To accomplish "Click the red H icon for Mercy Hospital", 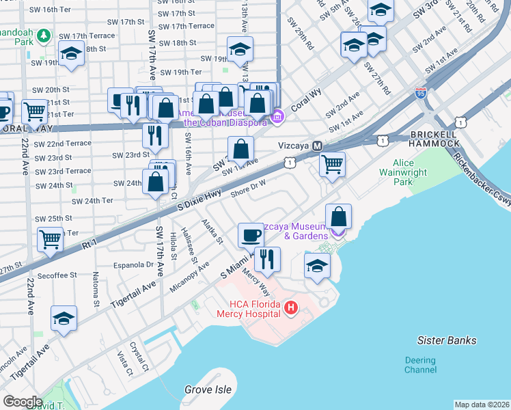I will pos(290,308).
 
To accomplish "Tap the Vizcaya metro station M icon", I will pos(317,146).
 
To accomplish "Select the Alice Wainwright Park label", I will pos(412,173).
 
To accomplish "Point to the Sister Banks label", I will pos(447,340).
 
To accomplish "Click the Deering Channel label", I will pos(419,365).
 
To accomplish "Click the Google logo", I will pos(23,401).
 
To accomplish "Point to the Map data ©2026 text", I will pos(482,405).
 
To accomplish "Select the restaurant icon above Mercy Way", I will pos(267,259).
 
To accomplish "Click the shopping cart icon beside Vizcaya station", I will pos(332,163).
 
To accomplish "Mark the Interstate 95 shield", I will pos(421,92).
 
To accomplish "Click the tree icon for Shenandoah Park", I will pos(44,35).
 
